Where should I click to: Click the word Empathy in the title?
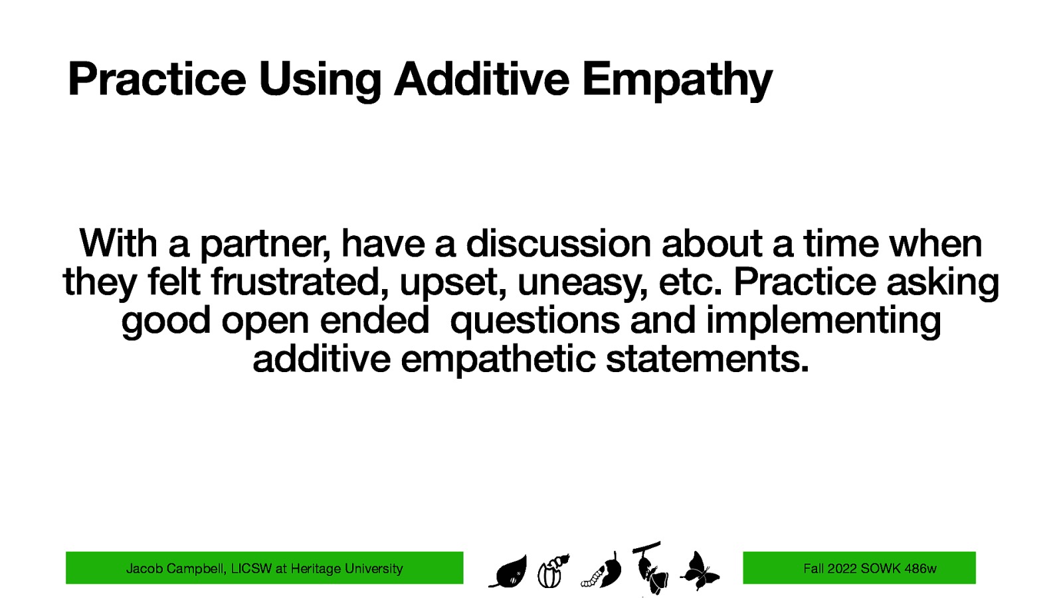coord(677,80)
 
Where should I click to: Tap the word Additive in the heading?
coord(481,78)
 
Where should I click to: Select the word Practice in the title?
coord(157,78)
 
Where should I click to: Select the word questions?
coord(535,322)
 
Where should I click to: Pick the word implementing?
coord(823,322)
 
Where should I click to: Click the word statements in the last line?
coord(708,359)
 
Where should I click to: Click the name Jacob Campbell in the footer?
coord(176,569)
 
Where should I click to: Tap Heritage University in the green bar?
coord(347,569)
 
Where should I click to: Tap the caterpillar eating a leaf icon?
coord(603,572)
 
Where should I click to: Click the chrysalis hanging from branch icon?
coord(649,568)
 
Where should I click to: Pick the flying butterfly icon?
coord(700,571)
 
